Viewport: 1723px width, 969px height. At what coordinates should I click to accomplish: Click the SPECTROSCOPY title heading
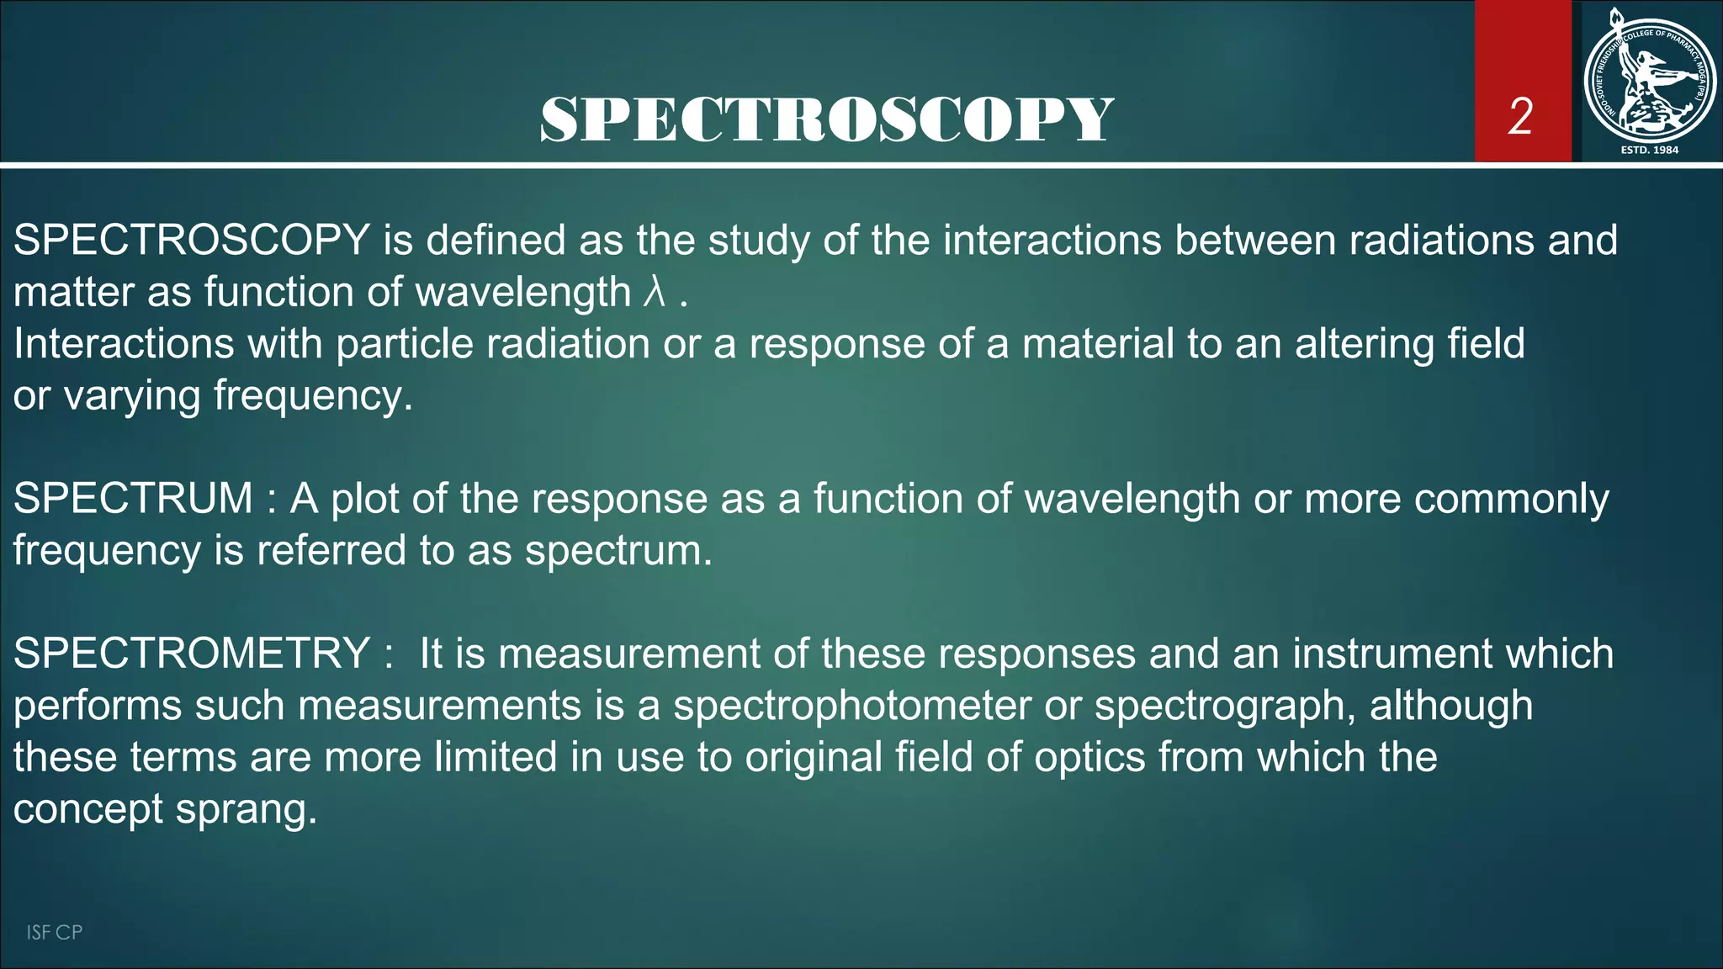click(827, 119)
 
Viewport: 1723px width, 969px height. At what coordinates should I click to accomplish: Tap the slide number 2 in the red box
click(1520, 116)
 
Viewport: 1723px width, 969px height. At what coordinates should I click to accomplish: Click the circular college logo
click(1649, 80)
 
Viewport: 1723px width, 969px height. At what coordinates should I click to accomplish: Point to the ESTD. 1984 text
click(1649, 150)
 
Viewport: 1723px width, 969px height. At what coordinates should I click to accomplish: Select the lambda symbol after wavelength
click(655, 292)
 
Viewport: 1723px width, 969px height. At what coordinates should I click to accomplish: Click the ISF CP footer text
click(54, 932)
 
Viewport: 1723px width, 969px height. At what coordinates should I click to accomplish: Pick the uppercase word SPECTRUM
click(133, 498)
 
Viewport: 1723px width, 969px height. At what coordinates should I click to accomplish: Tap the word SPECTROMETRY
click(192, 654)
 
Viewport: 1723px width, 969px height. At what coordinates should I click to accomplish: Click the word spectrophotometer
click(851, 706)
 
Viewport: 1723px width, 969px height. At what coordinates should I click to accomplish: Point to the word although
click(1450, 706)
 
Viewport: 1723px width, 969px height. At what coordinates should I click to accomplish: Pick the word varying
click(131, 396)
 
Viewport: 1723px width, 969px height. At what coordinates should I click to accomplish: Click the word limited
click(496, 757)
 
